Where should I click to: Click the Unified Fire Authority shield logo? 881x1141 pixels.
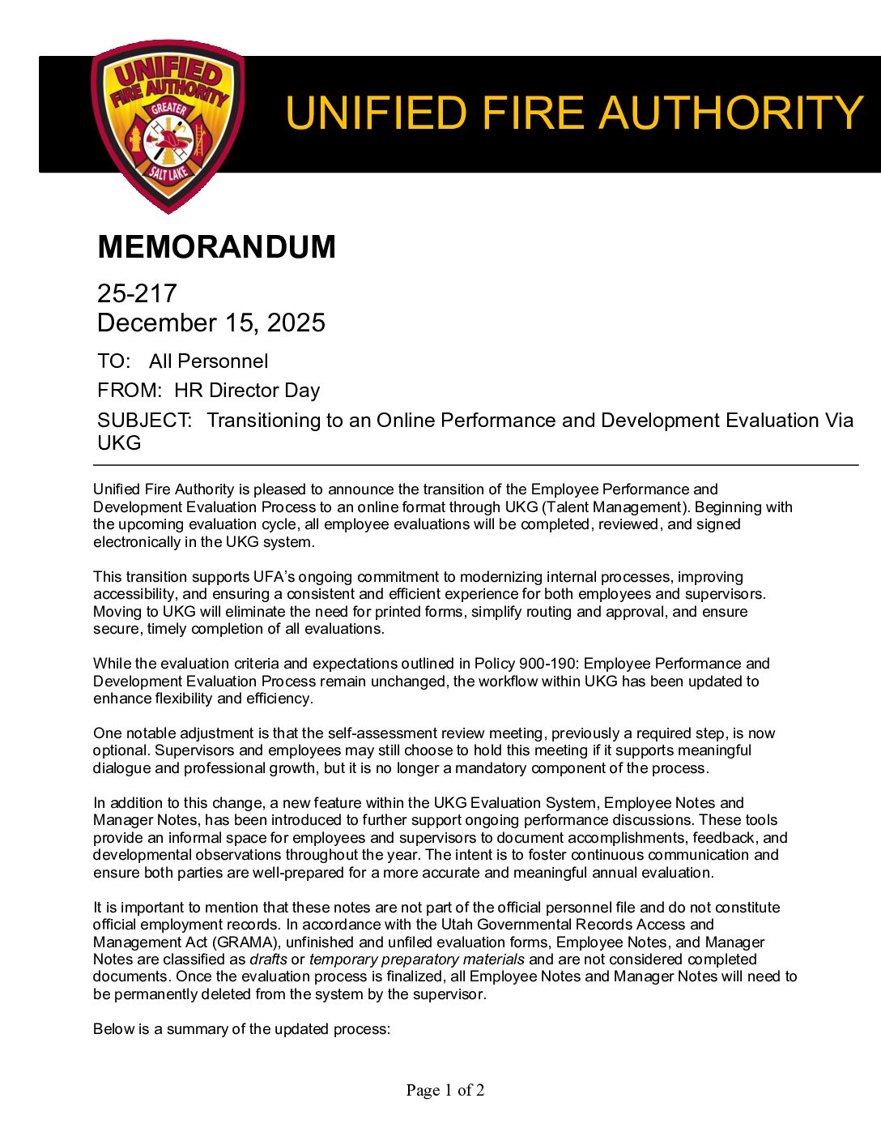pos(168,126)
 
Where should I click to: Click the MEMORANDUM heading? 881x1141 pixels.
pos(216,247)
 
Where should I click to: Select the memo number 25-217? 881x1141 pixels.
pos(137,293)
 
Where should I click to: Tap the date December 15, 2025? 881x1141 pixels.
pos(211,323)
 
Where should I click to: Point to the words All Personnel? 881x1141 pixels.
pos(208,361)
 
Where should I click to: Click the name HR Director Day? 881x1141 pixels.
pos(247,391)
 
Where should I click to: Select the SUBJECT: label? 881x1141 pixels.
pos(144,421)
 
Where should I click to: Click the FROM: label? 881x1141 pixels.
pos(130,391)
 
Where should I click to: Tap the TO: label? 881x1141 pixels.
pos(113,361)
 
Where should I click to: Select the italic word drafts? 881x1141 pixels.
pos(268,959)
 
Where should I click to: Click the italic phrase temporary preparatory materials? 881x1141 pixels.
pos(416,959)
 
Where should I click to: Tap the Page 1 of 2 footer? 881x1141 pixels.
pos(445,1091)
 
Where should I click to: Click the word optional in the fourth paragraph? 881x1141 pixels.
pos(117,751)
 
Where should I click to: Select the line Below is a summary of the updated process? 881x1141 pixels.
pos(241,1029)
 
